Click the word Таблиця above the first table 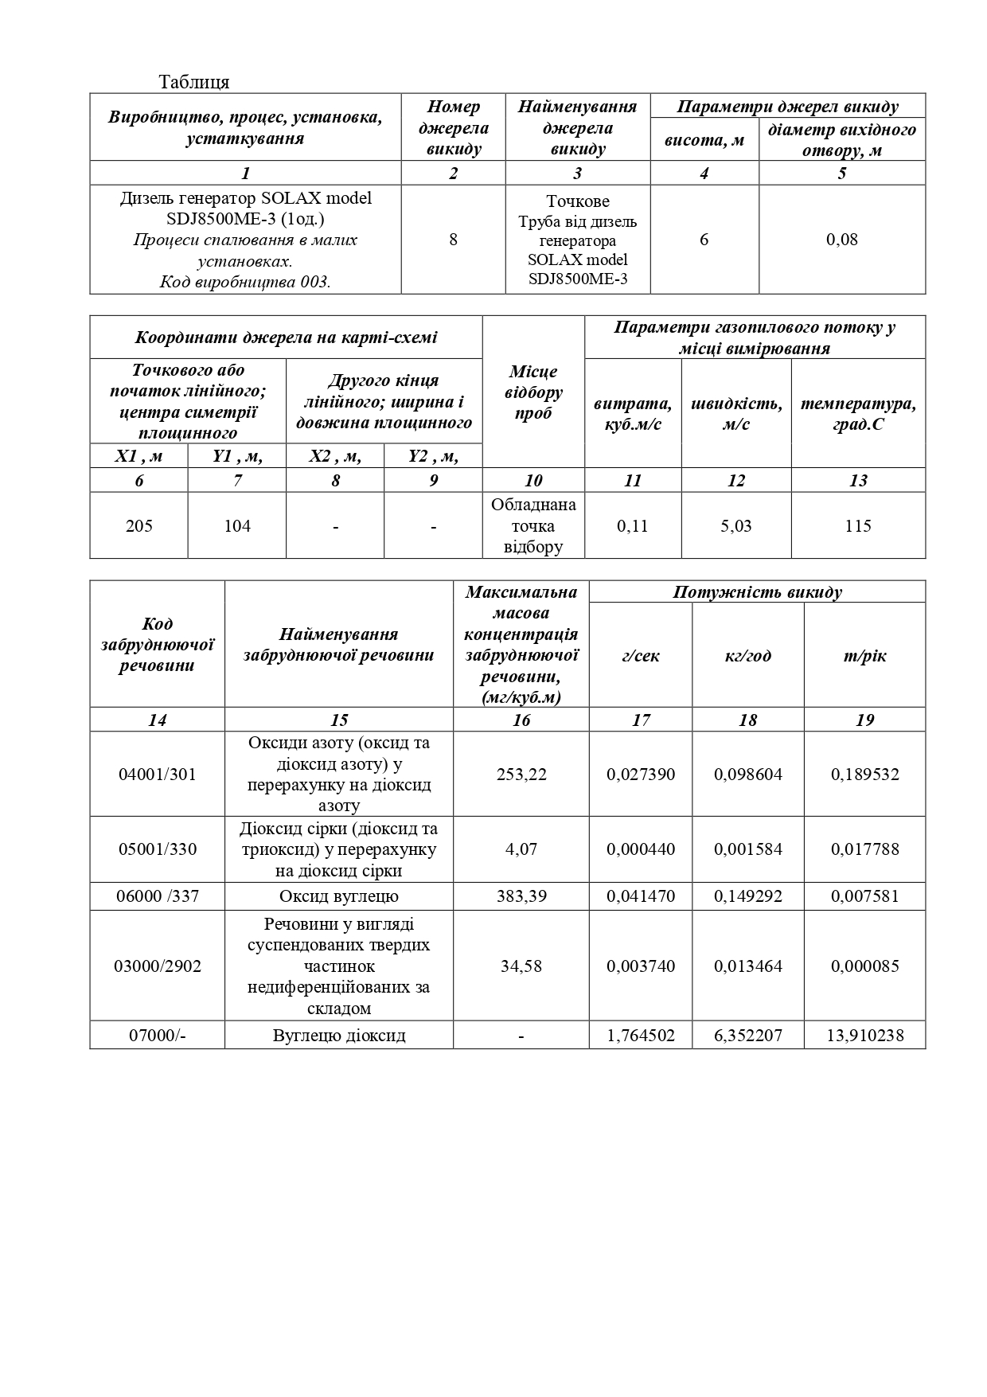(194, 82)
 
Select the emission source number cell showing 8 (453, 239)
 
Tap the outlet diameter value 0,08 (842, 239)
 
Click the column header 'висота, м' (704, 140)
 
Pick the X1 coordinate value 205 (139, 525)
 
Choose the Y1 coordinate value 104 (237, 525)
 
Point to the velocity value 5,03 (736, 525)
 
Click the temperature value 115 (858, 525)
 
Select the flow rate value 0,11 (633, 525)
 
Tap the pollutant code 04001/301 (157, 774)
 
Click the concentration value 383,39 (521, 896)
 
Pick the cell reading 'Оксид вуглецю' (339, 896)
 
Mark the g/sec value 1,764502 (641, 1036)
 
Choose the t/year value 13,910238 (865, 1036)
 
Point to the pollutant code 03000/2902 (157, 966)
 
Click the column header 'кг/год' (747, 656)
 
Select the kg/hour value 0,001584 (747, 849)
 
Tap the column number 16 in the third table (521, 720)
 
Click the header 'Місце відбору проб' (533, 392)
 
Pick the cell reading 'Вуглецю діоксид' (339, 1036)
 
